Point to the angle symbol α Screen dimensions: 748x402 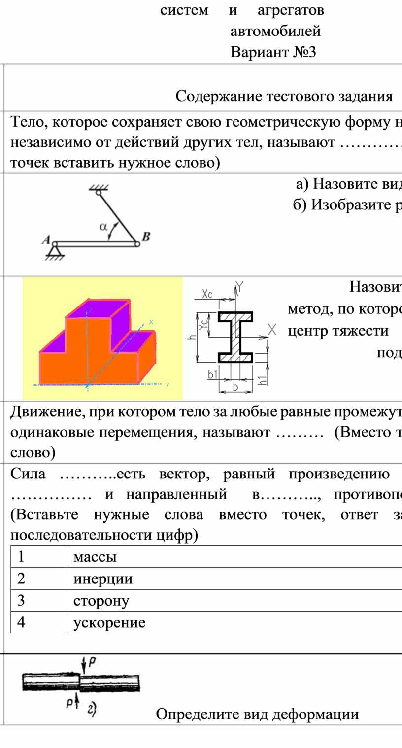point(103,227)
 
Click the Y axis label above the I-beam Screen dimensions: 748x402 point(240,286)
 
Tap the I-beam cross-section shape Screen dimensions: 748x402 point(235,337)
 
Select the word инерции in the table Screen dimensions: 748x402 point(103,578)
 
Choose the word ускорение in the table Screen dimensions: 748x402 point(109,623)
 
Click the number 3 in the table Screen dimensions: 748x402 point(21,601)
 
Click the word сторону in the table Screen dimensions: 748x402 point(101,601)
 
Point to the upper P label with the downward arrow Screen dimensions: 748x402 point(92,664)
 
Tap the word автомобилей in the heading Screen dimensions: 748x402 point(275,31)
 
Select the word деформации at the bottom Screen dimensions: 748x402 point(315,714)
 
